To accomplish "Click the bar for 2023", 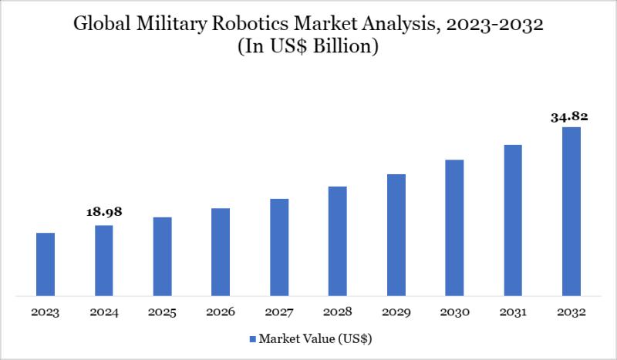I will pyautogui.click(x=46, y=264).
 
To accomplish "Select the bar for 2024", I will pyautogui.click(x=104, y=260).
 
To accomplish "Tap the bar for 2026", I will pyautogui.click(x=221, y=251).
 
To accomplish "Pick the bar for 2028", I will pyautogui.click(x=337, y=241).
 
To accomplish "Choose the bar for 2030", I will pyautogui.click(x=454, y=227).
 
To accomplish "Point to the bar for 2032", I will pyautogui.click(x=571, y=211).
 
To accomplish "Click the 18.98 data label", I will pyautogui.click(x=104, y=211).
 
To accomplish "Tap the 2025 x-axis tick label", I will pyautogui.click(x=162, y=312).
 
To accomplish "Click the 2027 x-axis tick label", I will pyautogui.click(x=279, y=312).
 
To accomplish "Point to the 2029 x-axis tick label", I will pyautogui.click(x=396, y=312).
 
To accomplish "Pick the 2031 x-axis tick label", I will pyautogui.click(x=512, y=312).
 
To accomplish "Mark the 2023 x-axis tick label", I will pyautogui.click(x=46, y=312).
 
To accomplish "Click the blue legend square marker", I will pyautogui.click(x=252, y=338).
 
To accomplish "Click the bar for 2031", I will pyautogui.click(x=512, y=220).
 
